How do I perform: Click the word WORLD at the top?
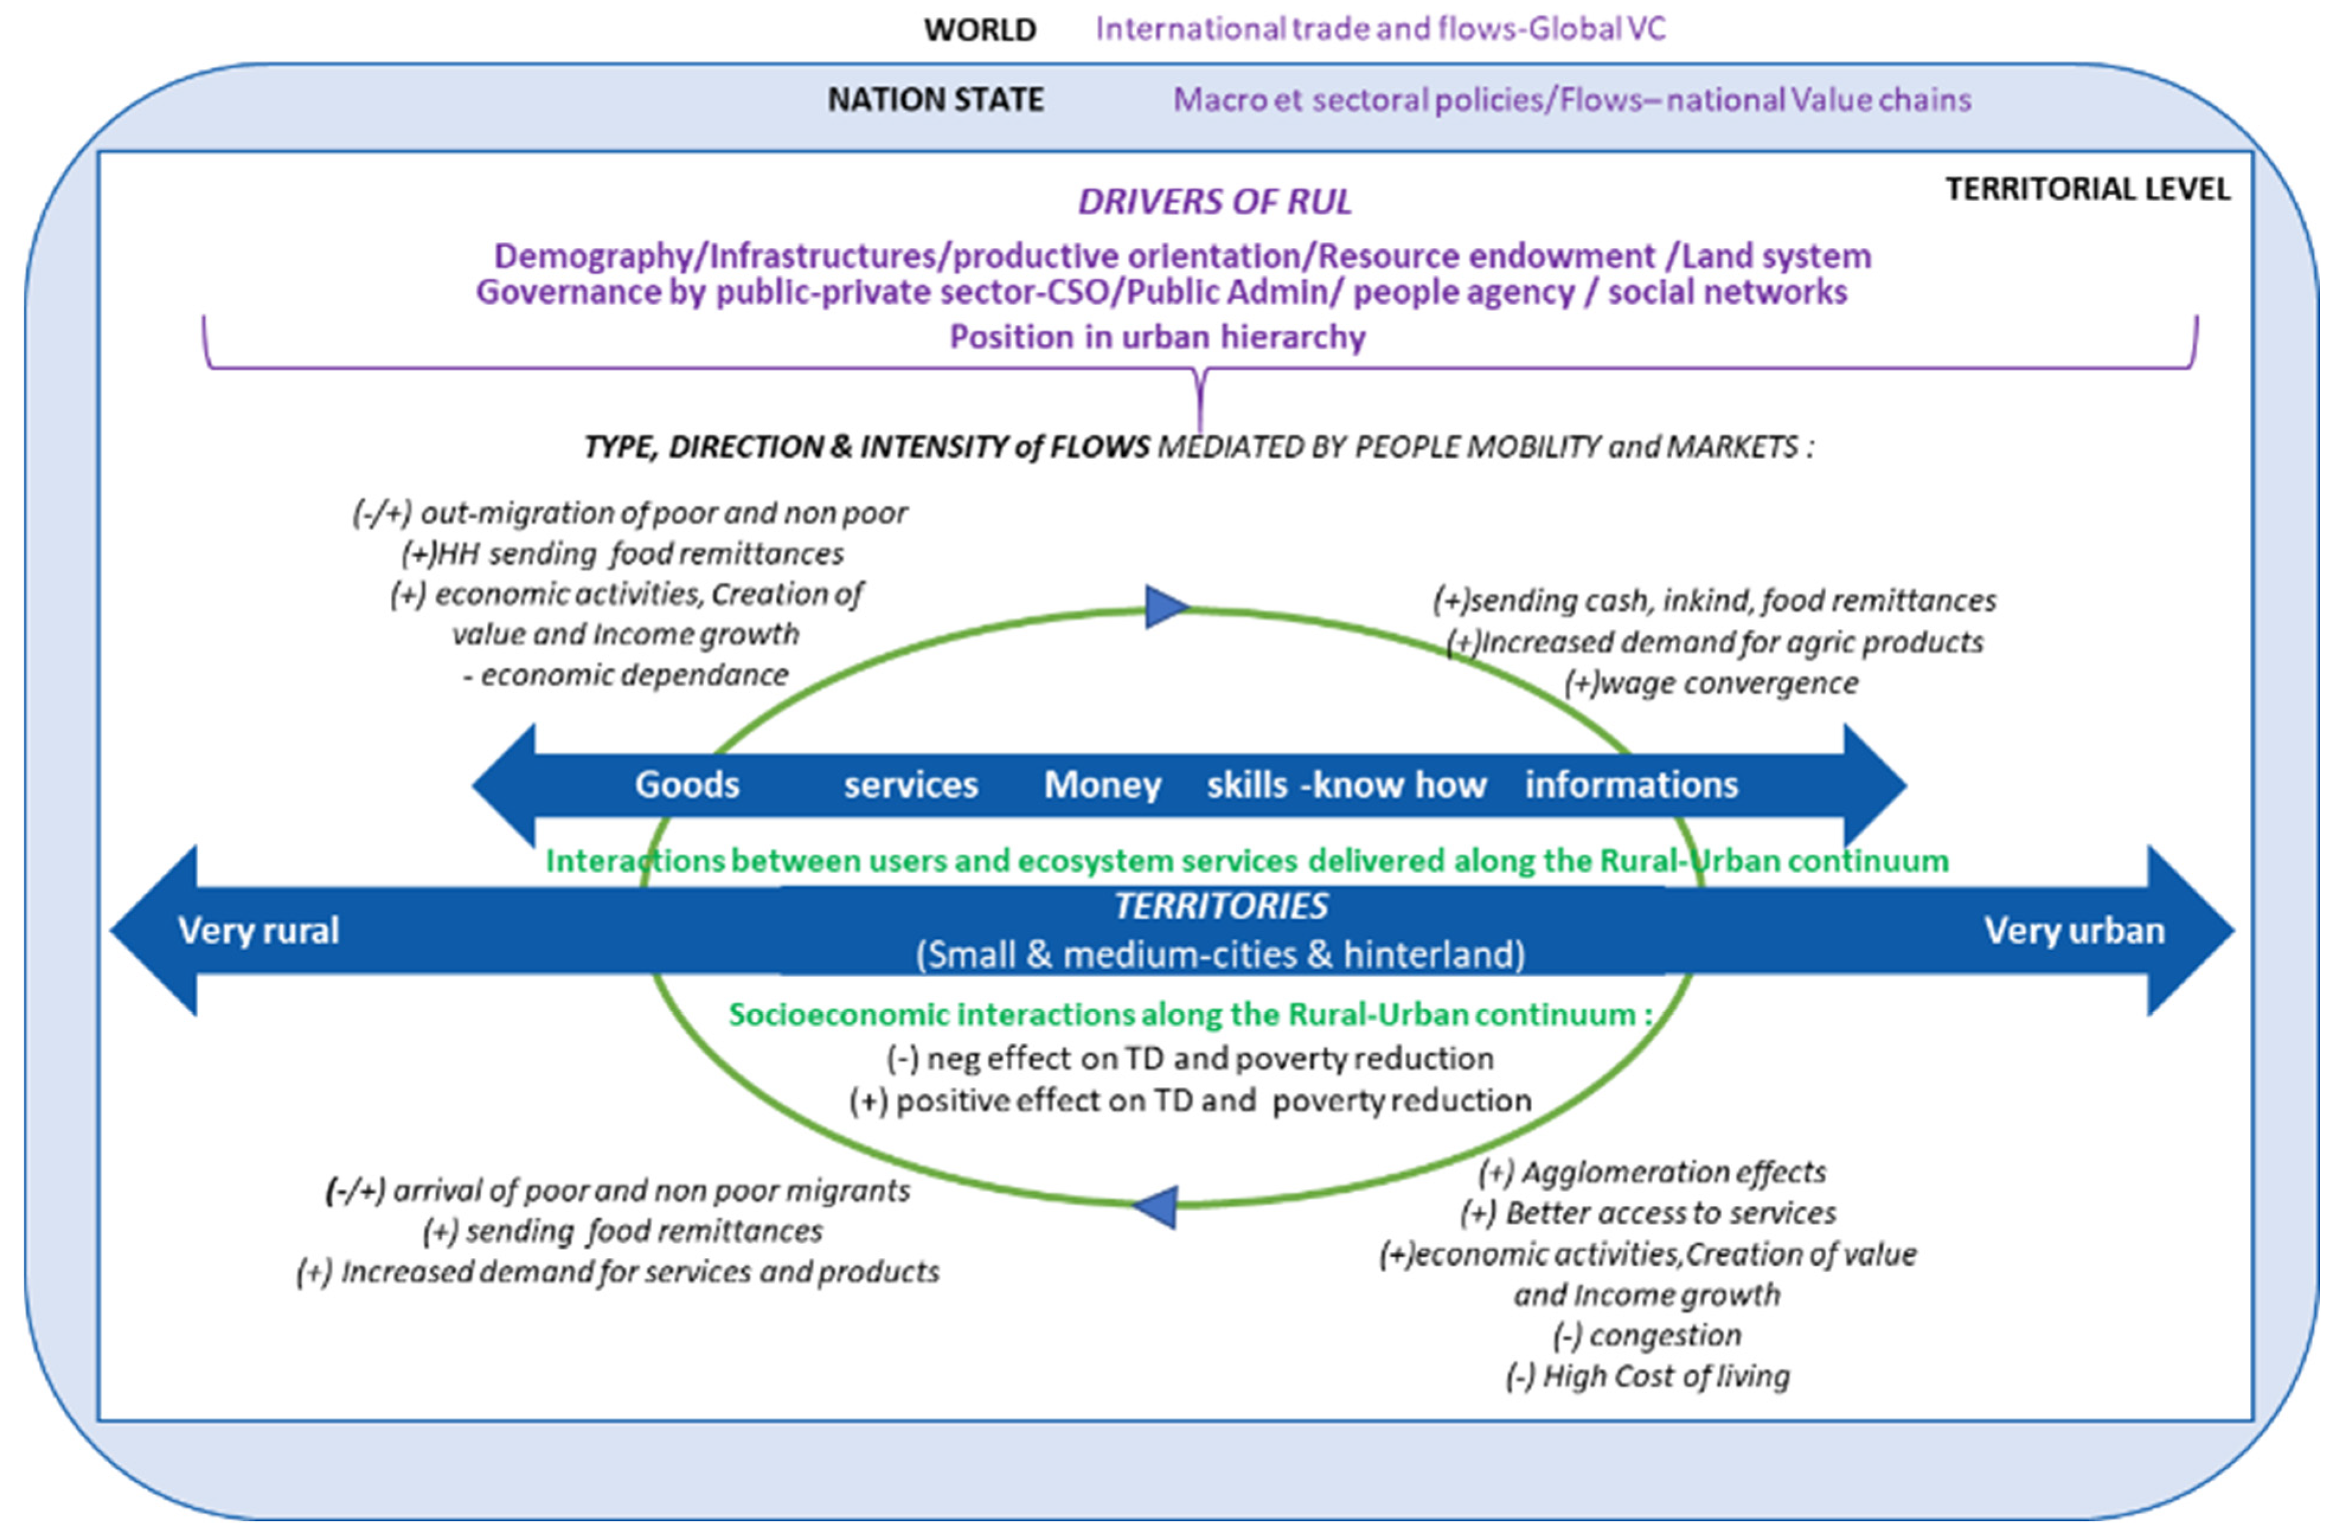(x=980, y=30)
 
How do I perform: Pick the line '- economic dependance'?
(x=625, y=675)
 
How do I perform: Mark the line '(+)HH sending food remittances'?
(x=622, y=554)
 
